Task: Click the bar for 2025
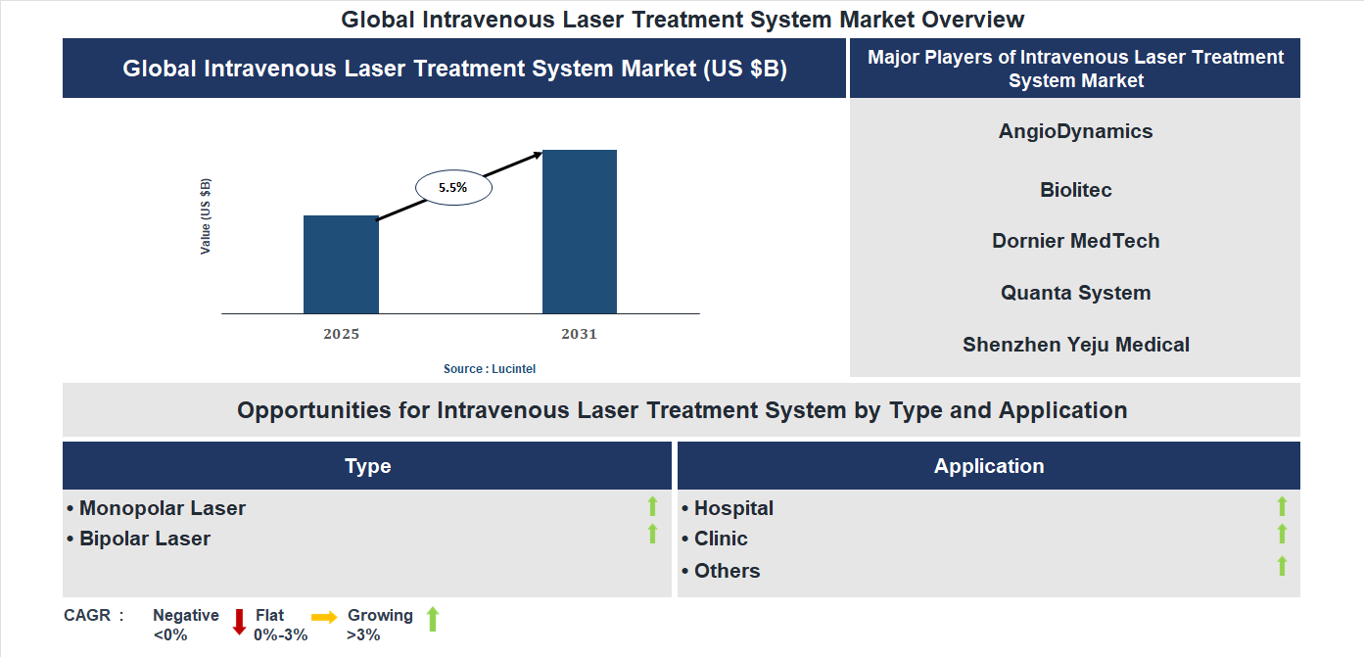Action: pos(341,264)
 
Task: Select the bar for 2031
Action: pos(580,232)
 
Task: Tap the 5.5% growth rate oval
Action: pos(453,187)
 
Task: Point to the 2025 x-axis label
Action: pos(341,334)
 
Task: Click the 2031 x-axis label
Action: pos(579,334)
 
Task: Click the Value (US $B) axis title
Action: pos(206,216)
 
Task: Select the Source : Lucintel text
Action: pos(490,369)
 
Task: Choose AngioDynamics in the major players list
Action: pos(1075,131)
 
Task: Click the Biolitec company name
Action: pos(1075,190)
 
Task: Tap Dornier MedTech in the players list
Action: pos(1075,241)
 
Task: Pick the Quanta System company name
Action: pos(1075,293)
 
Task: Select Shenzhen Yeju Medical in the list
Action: pos(1075,345)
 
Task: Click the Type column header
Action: pos(367,466)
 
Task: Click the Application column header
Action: pos(988,466)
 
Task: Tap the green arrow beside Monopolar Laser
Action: pos(652,506)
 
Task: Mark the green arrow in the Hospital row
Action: pos(1282,506)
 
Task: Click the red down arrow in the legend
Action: pos(239,622)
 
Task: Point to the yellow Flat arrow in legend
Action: pos(324,617)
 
